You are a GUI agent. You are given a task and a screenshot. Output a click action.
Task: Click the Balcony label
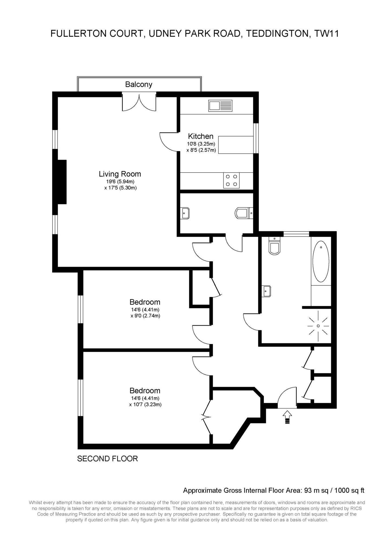[x=139, y=84]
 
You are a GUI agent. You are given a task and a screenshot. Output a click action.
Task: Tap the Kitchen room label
[x=201, y=136]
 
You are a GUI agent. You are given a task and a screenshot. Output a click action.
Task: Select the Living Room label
[x=120, y=174]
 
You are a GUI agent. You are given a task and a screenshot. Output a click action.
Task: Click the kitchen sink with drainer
[x=220, y=106]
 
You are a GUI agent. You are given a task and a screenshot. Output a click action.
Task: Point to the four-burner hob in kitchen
[x=231, y=180]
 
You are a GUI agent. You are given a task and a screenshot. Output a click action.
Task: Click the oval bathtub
[x=321, y=262]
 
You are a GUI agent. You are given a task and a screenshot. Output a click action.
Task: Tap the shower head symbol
[x=318, y=326]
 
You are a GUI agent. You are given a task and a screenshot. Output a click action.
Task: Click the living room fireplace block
[x=62, y=182]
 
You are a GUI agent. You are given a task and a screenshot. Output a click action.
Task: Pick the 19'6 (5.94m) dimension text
[x=120, y=182]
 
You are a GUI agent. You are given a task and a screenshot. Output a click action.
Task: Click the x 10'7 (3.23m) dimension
[x=145, y=405]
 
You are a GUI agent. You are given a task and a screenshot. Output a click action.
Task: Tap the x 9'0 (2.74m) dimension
[x=145, y=316]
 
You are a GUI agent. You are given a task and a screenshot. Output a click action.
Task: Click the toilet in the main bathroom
[x=275, y=246]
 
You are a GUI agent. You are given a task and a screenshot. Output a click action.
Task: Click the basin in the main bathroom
[x=267, y=291]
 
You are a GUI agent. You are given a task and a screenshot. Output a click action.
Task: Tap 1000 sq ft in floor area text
[x=349, y=490]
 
